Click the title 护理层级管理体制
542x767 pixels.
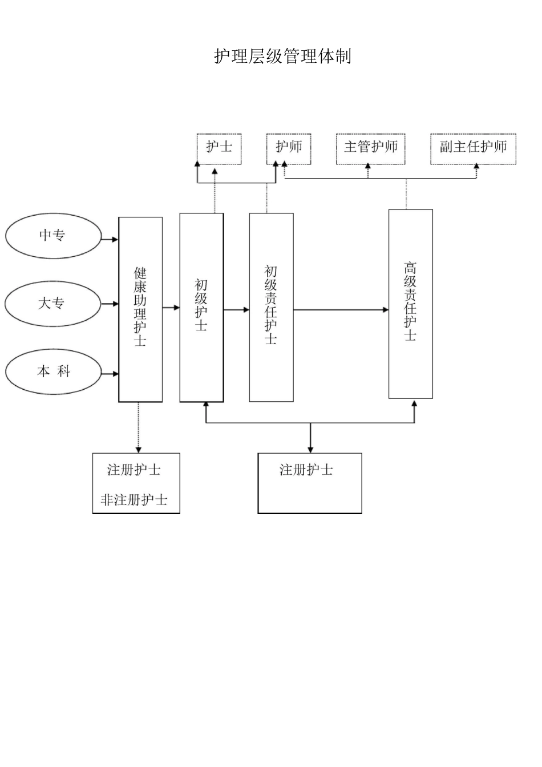click(282, 56)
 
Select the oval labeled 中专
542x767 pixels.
click(53, 235)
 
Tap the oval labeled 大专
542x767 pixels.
click(53, 303)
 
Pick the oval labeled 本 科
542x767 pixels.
click(53, 372)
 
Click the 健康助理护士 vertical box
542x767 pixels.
click(140, 309)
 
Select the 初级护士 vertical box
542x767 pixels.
click(201, 307)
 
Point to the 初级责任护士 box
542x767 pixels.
click(271, 307)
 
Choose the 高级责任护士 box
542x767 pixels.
click(410, 303)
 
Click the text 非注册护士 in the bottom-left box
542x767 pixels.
click(135, 500)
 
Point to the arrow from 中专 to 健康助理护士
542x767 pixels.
click(110, 240)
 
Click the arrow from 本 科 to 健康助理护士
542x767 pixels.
click(110, 374)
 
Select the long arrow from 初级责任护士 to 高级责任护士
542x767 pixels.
click(341, 310)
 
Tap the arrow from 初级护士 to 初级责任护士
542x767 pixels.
click(236, 310)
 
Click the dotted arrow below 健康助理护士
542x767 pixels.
click(138, 427)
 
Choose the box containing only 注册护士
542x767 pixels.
click(309, 483)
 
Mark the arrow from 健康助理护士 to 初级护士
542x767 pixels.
click(171, 308)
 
